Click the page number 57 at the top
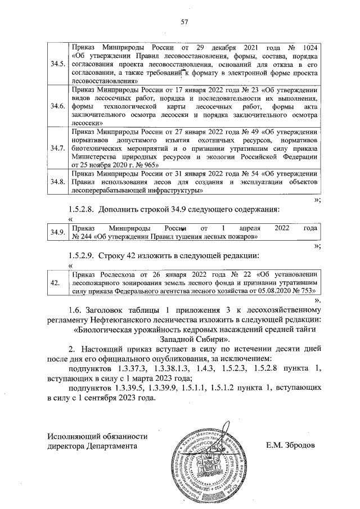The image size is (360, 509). tap(183, 22)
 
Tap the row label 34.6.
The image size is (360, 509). tap(57, 106)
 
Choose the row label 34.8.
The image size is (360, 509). tap(57, 182)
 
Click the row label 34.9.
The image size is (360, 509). tap(57, 232)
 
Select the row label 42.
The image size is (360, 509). tap(56, 282)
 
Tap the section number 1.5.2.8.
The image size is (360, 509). tap(81, 209)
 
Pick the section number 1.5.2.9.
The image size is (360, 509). tap(81, 257)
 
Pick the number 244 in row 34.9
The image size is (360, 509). tap(78, 237)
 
